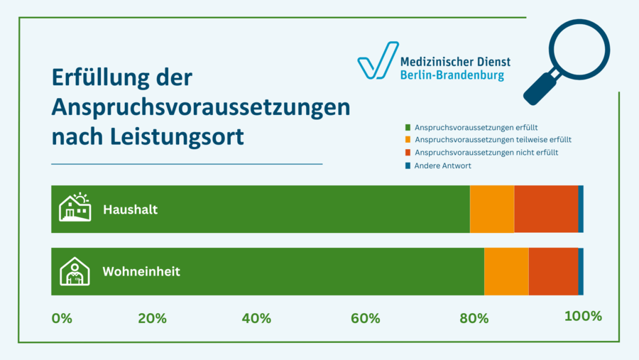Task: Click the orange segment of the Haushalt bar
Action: click(492, 209)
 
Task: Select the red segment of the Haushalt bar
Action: click(545, 209)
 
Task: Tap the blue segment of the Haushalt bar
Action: click(581, 209)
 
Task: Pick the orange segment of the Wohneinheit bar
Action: click(506, 271)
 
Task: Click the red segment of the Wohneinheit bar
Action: click(553, 271)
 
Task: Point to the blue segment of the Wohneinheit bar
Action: click(581, 271)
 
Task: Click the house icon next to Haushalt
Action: click(75, 208)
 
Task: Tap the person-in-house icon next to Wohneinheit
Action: click(75, 271)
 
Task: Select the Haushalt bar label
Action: click(130, 210)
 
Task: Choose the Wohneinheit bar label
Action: click(141, 272)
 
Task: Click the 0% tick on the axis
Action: click(62, 318)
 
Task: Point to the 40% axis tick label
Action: click(256, 318)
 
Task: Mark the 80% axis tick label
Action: click(474, 318)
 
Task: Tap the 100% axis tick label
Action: click(583, 317)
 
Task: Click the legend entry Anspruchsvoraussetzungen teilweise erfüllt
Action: click(493, 140)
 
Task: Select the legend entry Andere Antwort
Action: click(442, 165)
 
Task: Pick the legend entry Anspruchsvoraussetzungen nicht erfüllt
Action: click(486, 153)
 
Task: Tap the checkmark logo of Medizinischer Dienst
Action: click(377, 61)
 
